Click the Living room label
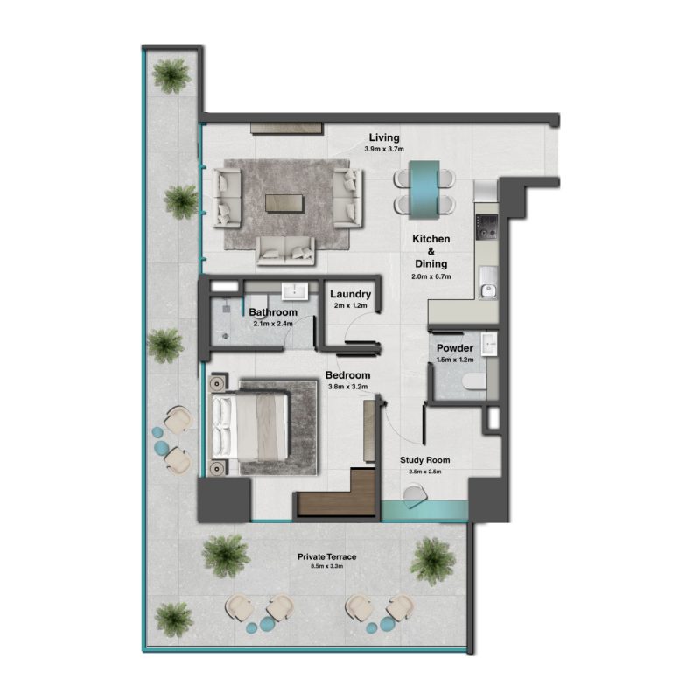383,137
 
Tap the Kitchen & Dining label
430,251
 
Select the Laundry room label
351,295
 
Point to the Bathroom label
273,312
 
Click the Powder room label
455,347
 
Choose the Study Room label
424,460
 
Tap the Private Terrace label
326,556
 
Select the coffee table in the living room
285,203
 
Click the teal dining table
424,187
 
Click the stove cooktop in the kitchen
486,227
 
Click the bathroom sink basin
292,292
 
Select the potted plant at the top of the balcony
171,75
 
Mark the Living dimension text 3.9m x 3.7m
383,150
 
